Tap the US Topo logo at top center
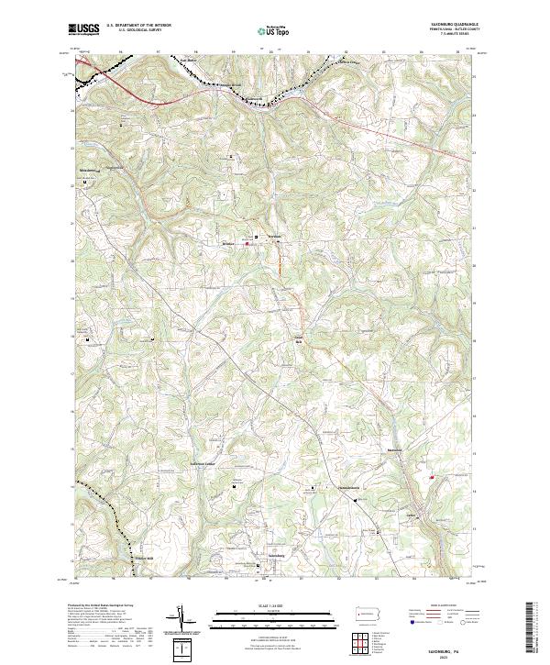pyautogui.click(x=268, y=31)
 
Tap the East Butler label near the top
pyautogui.click(x=188, y=61)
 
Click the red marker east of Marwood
pyautogui.click(x=431, y=476)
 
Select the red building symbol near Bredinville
pyautogui.click(x=247, y=244)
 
